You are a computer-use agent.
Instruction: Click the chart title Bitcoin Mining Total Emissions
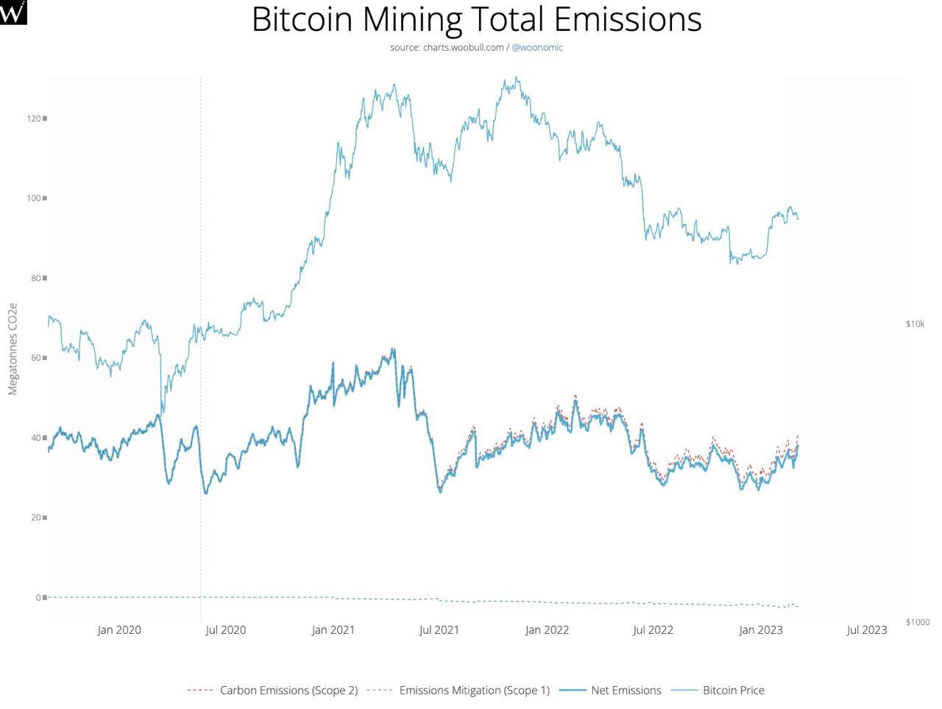(476, 20)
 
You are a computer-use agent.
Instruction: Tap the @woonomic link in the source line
(537, 47)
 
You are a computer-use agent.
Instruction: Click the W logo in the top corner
(13, 12)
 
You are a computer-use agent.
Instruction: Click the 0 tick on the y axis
(38, 597)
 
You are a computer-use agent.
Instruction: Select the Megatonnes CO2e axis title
(13, 348)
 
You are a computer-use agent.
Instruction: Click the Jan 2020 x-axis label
(118, 630)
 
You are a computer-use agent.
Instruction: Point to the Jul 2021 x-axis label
(439, 630)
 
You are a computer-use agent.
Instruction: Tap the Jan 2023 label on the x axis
(760, 630)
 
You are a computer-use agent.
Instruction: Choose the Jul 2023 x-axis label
(866, 630)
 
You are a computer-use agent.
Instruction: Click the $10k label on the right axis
(915, 324)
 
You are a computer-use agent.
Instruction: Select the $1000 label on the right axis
(918, 622)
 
